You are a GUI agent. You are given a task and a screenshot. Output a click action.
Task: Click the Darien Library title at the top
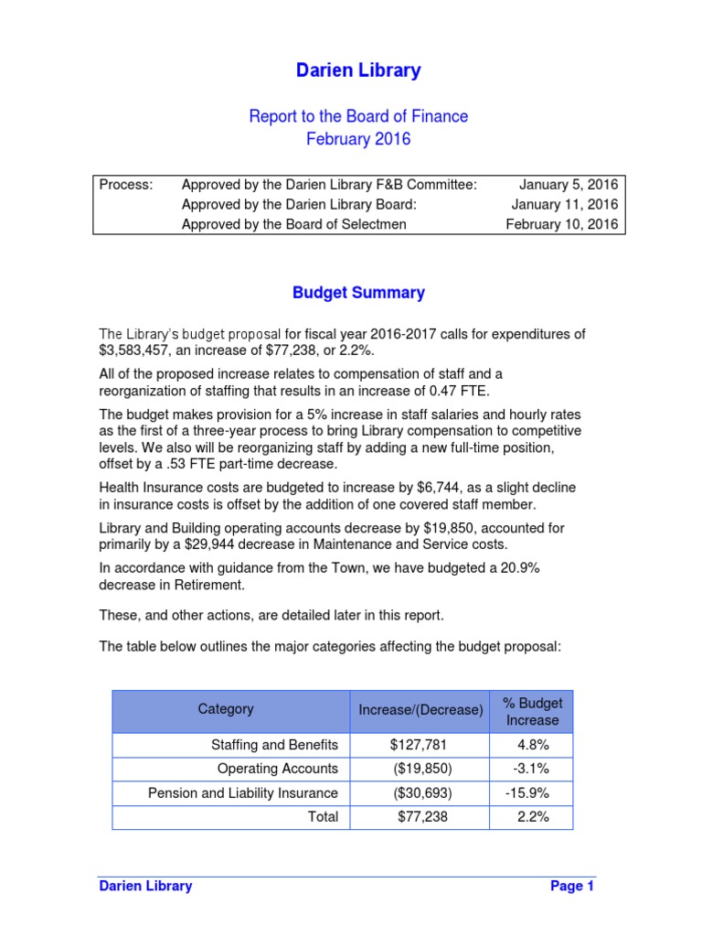[x=358, y=70]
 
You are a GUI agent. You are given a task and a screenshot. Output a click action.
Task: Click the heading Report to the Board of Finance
[x=358, y=116]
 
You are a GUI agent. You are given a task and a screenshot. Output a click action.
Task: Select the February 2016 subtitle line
[x=358, y=139]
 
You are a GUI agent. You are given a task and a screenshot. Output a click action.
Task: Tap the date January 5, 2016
[x=569, y=185]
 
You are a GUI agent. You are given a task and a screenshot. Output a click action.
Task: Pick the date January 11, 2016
[x=564, y=204]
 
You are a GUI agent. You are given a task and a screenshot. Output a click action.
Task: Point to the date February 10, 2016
[x=561, y=224]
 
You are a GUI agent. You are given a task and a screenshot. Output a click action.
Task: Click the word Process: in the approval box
[x=126, y=185]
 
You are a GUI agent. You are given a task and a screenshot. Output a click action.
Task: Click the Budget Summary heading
[x=358, y=293]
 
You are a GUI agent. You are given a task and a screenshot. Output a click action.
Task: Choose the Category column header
[x=226, y=709]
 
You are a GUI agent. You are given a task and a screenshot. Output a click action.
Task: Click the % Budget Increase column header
[x=532, y=712]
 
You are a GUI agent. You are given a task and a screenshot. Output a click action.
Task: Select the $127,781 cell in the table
[x=420, y=745]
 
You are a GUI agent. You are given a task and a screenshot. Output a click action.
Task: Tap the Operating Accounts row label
[x=277, y=769]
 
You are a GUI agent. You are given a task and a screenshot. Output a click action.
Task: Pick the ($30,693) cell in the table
[x=420, y=793]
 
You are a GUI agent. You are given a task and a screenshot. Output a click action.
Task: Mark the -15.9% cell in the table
[x=532, y=793]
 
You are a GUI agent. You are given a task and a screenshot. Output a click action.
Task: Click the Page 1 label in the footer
[x=572, y=886]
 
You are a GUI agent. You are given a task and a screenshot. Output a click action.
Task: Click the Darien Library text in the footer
[x=145, y=886]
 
